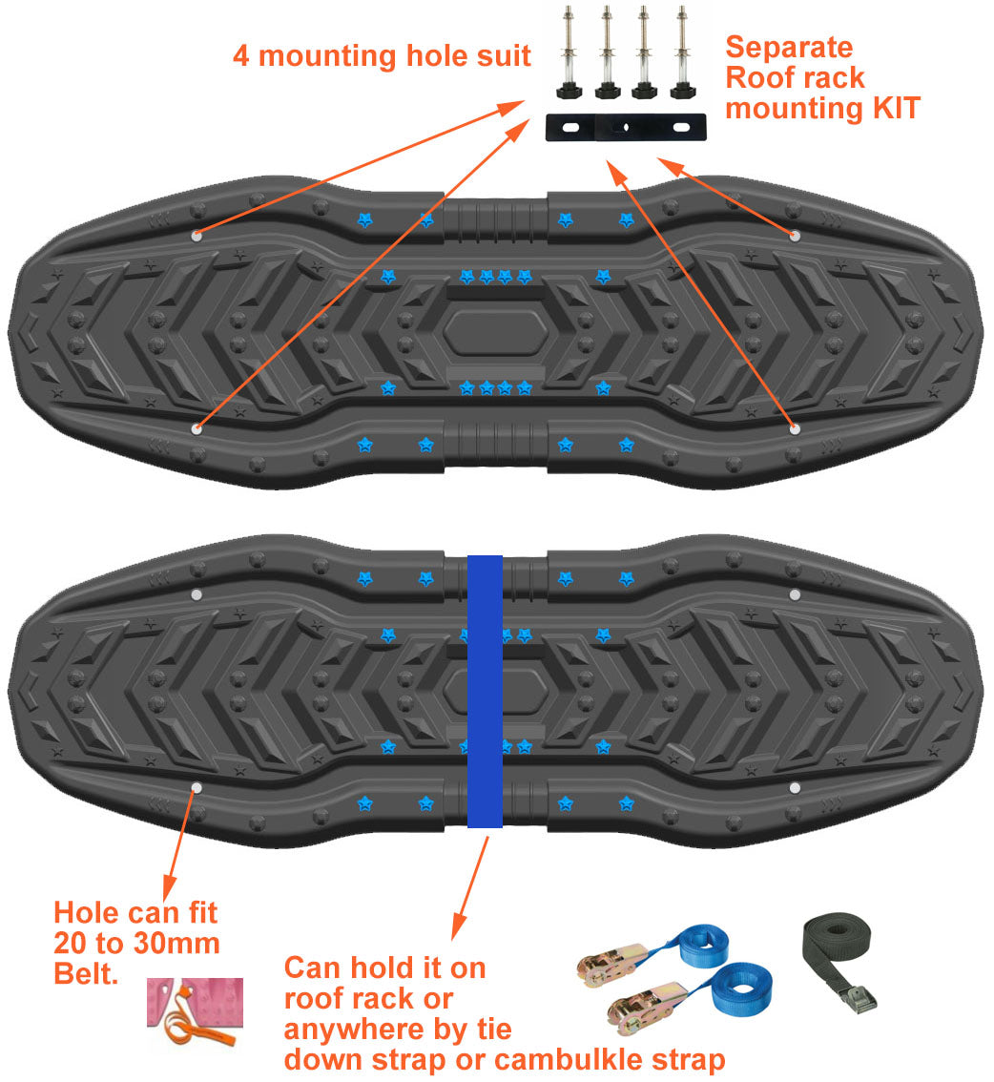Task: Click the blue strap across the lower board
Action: [486, 691]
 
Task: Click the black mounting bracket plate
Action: [626, 127]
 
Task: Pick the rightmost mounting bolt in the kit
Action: [680, 52]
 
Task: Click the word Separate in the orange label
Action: [789, 47]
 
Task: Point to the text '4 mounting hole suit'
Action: [382, 55]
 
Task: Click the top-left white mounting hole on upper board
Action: [197, 235]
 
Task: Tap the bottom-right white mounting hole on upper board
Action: [795, 430]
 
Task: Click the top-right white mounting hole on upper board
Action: [795, 235]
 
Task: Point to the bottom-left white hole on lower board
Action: [197, 788]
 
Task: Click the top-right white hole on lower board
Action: [795, 594]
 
